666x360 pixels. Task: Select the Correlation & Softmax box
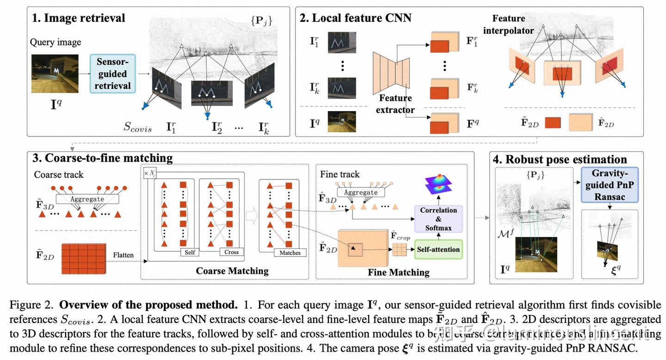click(438, 219)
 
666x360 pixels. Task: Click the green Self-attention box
click(438, 249)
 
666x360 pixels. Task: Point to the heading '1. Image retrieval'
click(78, 18)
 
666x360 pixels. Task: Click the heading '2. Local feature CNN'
click(355, 18)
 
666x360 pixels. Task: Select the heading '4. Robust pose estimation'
click(560, 160)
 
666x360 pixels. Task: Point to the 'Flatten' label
click(123, 255)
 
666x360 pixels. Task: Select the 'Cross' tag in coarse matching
click(231, 252)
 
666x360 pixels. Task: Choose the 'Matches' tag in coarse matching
click(290, 253)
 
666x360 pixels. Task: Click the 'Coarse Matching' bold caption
click(232, 271)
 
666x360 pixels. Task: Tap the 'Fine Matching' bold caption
click(398, 272)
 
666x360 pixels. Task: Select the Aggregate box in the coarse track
click(87, 199)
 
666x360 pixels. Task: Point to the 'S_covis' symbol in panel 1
click(137, 128)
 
